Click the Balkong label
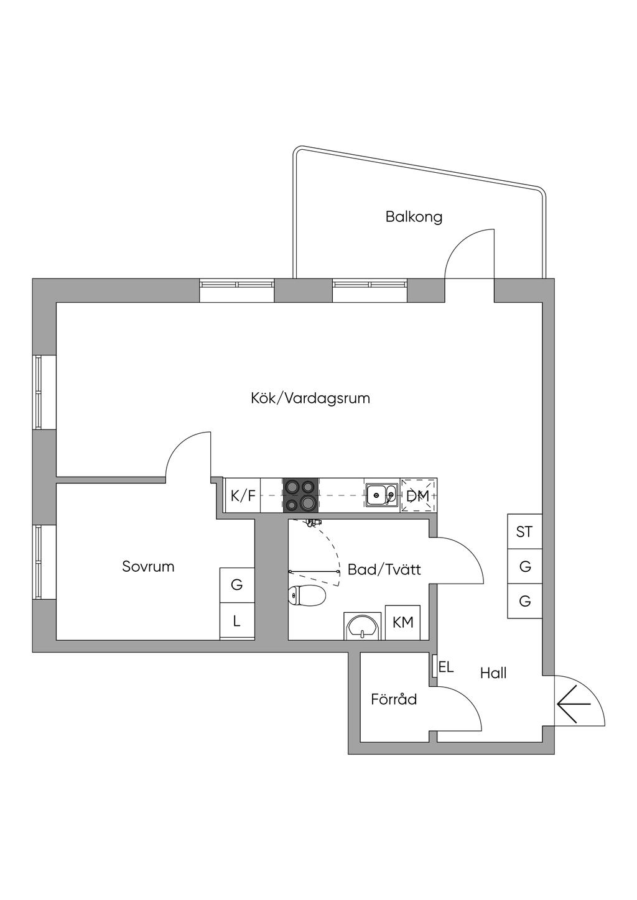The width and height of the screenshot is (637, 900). point(414,218)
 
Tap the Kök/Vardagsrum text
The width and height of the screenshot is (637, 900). point(310,398)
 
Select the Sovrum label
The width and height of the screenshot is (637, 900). point(149,567)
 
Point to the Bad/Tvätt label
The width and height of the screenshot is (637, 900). point(384,569)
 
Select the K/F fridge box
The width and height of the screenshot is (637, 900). point(243,496)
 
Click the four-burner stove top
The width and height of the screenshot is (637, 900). point(301,495)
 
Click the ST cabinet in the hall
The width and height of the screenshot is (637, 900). point(525,532)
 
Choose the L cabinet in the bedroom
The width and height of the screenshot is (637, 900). point(237,622)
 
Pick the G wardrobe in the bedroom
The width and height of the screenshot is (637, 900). point(237,586)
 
